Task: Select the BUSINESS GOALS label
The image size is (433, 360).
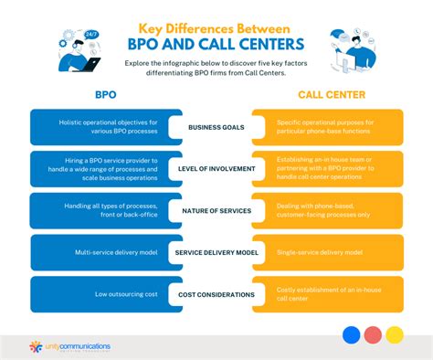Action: click(216, 129)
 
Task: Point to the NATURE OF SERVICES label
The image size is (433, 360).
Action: click(216, 212)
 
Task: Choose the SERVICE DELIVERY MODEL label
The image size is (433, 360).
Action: click(216, 252)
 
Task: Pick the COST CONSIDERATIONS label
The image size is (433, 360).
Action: click(216, 293)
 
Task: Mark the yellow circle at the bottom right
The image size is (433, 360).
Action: click(395, 335)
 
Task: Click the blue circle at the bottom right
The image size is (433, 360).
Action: click(351, 335)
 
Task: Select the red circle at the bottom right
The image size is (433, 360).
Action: click(373, 335)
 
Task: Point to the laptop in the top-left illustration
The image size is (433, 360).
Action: click(90, 64)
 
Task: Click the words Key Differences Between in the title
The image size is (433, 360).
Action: click(216, 28)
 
